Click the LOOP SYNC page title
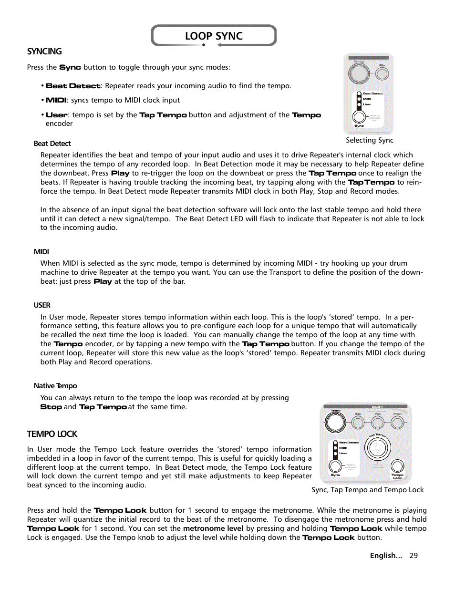pyautogui.click(x=214, y=36)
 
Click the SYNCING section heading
pyautogui.click(x=44, y=52)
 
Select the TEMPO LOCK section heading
pyautogui.click(x=52, y=434)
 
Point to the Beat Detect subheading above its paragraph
pyautogui.click(x=52, y=144)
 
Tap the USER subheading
pyautogui.click(x=42, y=305)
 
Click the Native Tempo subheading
pyautogui.click(x=55, y=386)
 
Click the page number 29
pyautogui.click(x=414, y=556)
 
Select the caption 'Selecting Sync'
pyautogui.click(x=370, y=140)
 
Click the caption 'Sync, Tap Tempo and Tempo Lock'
pyautogui.click(x=367, y=490)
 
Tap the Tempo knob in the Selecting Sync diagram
pyautogui.click(x=359, y=73)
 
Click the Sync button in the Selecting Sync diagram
pyautogui.click(x=359, y=117)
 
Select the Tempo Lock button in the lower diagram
pyautogui.click(x=397, y=466)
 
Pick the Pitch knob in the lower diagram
pyautogui.click(x=397, y=422)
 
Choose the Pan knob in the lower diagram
pyautogui.click(x=377, y=422)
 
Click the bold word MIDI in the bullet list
pyautogui.click(x=56, y=100)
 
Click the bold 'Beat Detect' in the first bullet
pyautogui.click(x=73, y=86)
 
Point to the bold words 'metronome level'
pyautogui.click(x=213, y=528)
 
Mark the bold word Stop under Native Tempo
pyautogui.click(x=51, y=407)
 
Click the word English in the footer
pyautogui.click(x=385, y=556)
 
